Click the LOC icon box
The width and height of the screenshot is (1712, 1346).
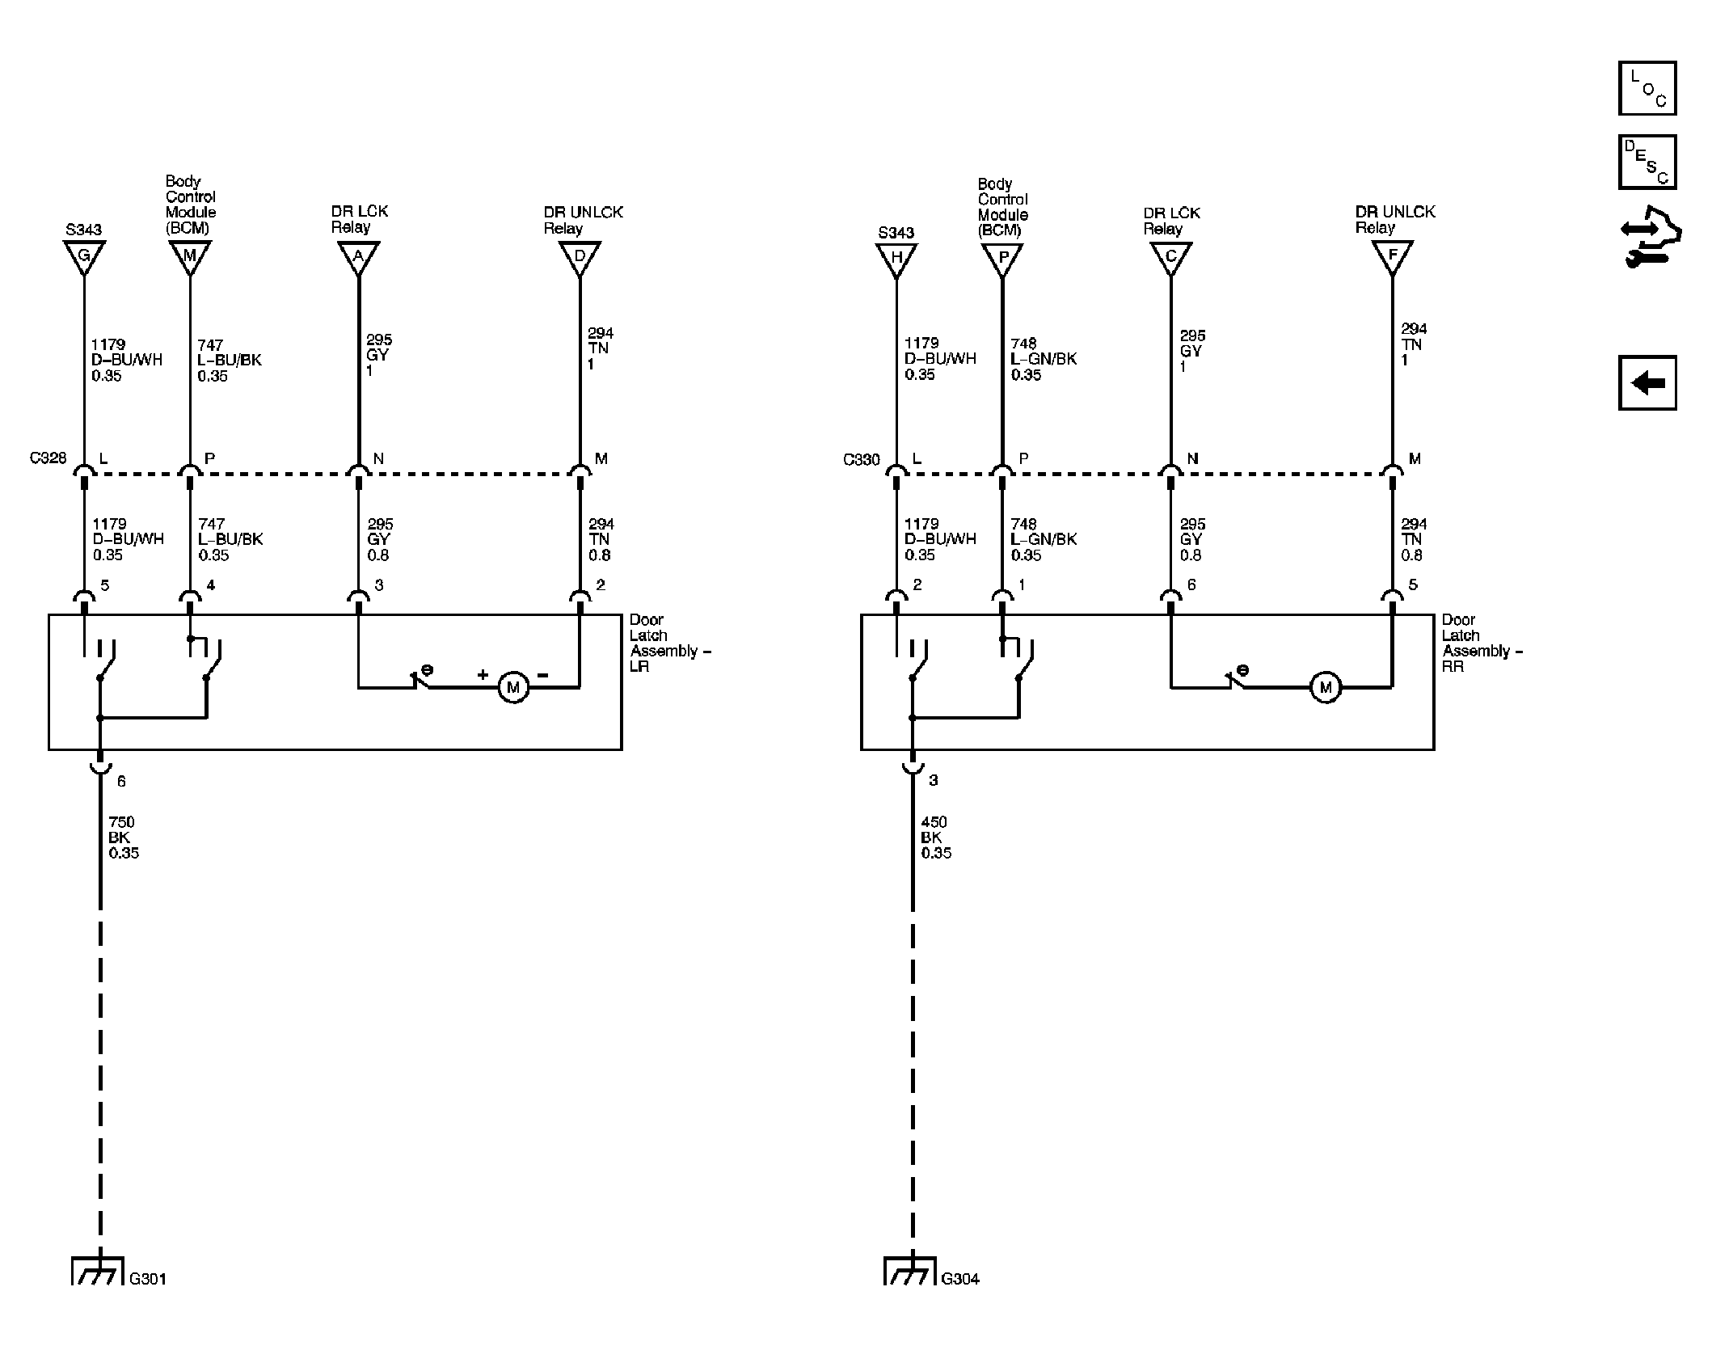(x=1647, y=88)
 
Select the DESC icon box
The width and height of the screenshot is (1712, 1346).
(x=1647, y=162)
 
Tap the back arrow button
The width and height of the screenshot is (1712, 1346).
(x=1647, y=382)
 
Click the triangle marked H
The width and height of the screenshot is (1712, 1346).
(x=896, y=258)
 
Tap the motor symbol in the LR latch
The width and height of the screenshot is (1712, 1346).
(x=513, y=688)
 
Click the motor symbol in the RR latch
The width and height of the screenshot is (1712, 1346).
(x=1325, y=688)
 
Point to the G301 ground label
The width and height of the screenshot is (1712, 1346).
(x=148, y=1279)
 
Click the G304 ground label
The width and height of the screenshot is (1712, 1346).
(x=960, y=1279)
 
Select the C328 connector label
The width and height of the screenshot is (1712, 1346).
(x=48, y=458)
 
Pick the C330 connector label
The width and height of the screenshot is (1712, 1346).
(x=861, y=460)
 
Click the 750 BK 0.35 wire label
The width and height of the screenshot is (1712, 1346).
(x=124, y=838)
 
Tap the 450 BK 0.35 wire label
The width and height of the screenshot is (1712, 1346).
(x=936, y=838)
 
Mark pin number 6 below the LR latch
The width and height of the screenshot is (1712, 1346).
(x=121, y=781)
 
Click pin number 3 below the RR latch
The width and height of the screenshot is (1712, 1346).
(x=934, y=780)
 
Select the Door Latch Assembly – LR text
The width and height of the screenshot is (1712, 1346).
(x=670, y=643)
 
